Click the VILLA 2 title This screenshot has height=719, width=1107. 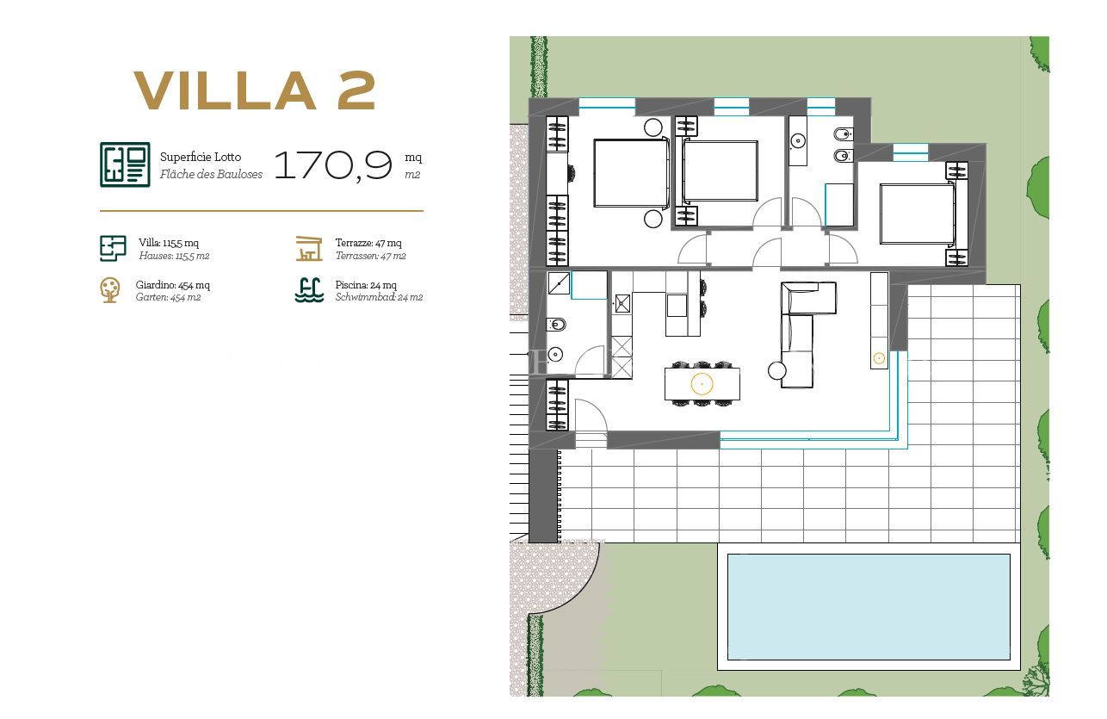[255, 90]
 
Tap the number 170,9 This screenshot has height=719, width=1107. [333, 165]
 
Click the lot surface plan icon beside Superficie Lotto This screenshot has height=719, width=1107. [125, 164]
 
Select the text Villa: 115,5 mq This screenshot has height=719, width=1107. [169, 243]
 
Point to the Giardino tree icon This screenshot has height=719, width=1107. [109, 290]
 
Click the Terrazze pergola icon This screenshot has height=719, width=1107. [309, 248]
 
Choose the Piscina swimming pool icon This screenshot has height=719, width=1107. [309, 290]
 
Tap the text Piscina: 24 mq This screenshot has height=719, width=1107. [366, 285]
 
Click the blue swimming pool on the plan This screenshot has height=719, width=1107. [869, 607]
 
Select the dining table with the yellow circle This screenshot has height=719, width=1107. [702, 384]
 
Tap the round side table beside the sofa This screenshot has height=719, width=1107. [776, 371]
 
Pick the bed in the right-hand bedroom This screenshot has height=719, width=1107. [917, 214]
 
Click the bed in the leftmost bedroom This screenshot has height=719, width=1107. [631, 173]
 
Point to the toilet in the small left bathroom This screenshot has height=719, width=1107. [556, 325]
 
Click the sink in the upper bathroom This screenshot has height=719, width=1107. [798, 141]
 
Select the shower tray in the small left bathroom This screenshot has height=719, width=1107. [559, 282]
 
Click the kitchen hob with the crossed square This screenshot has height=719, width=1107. [622, 304]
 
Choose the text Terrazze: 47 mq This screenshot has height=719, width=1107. [368, 243]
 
